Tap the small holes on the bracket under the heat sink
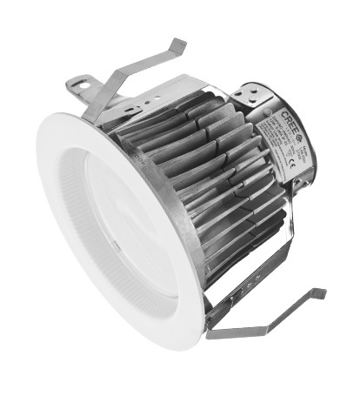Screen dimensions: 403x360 click(248, 283)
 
